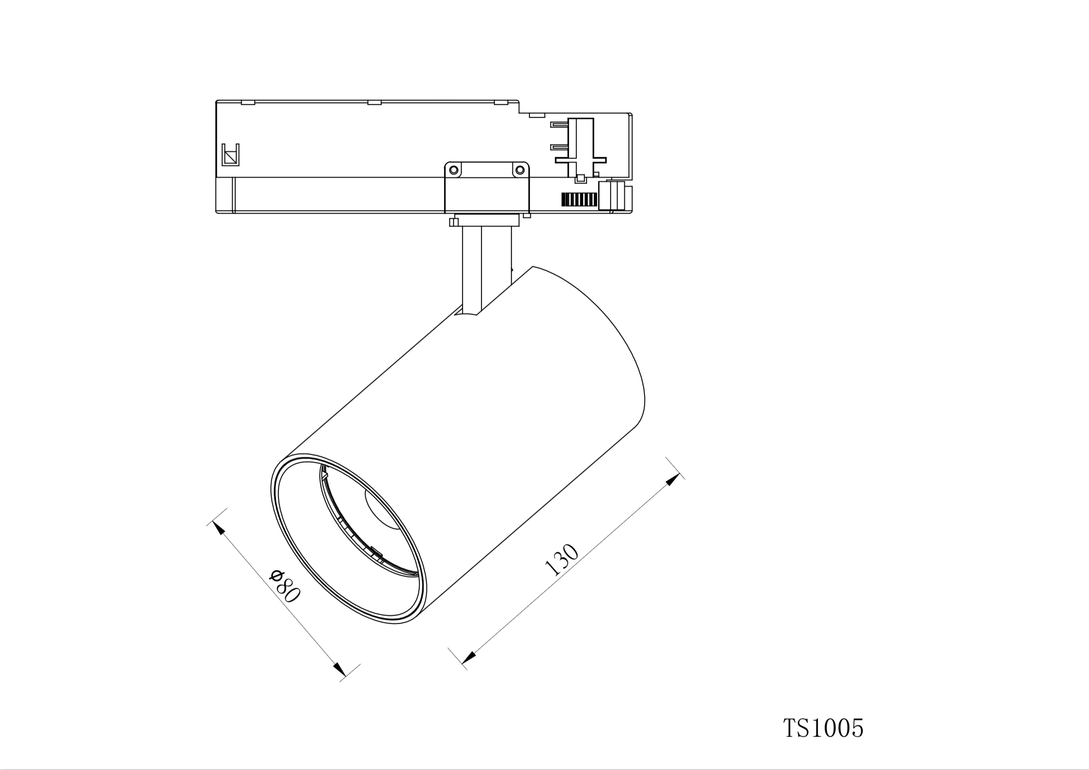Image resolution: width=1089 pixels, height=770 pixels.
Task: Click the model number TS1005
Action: (823, 728)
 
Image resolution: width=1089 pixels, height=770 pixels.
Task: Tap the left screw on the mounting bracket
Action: (454, 170)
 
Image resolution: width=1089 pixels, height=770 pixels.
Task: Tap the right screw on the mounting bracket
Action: (520, 170)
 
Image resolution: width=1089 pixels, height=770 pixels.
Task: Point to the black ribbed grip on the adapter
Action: (579, 199)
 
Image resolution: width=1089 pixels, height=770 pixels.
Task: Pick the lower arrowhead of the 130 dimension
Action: (469, 658)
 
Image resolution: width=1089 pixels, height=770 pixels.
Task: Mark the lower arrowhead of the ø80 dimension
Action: (339, 670)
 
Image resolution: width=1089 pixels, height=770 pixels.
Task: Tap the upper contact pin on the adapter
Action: (559, 124)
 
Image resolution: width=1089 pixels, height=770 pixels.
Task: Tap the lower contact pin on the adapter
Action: (559, 147)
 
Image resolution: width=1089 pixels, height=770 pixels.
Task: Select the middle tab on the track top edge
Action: (374, 103)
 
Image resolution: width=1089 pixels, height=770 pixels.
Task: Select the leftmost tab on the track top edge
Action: (248, 103)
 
